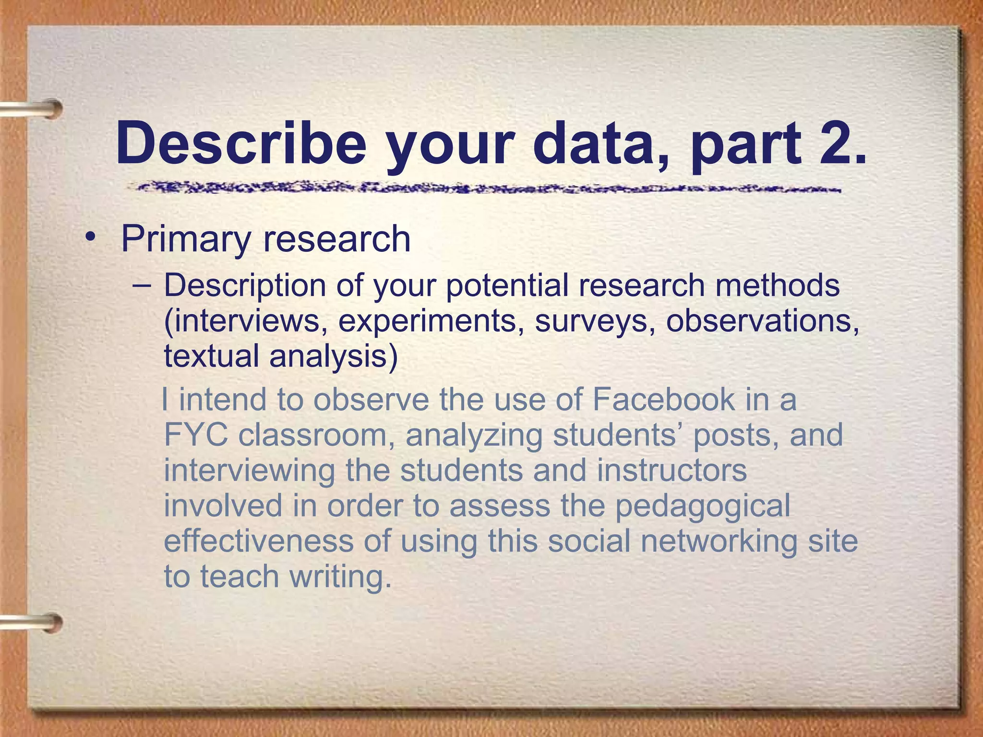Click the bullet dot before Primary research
tap(90, 238)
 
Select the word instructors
tap(671, 470)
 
